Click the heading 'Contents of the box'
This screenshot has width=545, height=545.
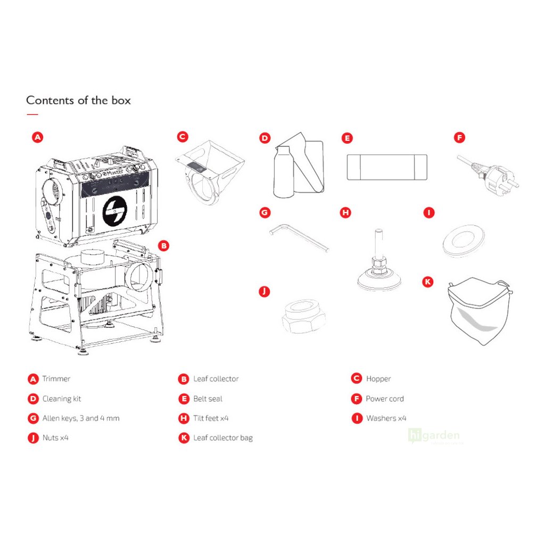[78, 100]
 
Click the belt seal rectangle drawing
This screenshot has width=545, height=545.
[386, 167]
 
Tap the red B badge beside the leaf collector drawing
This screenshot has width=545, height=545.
[164, 246]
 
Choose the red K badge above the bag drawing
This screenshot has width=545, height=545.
[427, 282]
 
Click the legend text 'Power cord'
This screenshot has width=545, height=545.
[384, 399]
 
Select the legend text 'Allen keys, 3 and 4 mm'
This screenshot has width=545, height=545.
[81, 418]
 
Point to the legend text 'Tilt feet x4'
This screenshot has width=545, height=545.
[211, 418]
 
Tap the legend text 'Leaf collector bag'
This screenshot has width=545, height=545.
[223, 438]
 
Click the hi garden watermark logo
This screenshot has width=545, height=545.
[434, 436]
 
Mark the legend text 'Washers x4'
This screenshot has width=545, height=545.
[386, 418]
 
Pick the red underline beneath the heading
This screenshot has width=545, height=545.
[32, 114]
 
